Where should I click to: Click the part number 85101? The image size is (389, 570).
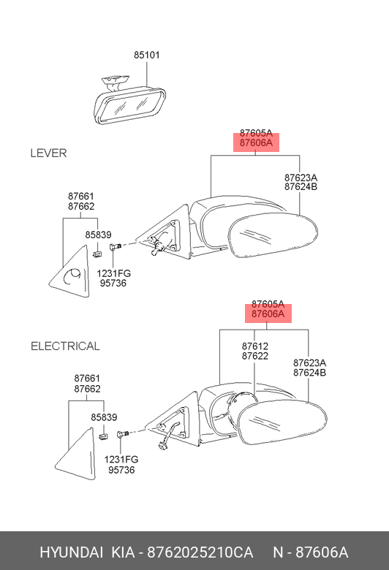147,55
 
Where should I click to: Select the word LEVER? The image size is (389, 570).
48,153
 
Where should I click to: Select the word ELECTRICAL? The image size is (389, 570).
65,346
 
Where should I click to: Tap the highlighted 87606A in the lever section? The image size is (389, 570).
256,142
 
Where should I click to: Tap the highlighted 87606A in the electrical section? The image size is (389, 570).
268,313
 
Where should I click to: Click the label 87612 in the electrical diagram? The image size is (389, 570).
254,346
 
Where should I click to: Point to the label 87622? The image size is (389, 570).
254,356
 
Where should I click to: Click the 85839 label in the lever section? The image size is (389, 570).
98,235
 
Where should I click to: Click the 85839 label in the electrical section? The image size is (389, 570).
104,417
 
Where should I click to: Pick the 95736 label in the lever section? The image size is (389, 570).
113,283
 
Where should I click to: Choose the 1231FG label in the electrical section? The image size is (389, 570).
121,460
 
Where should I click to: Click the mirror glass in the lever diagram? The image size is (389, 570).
273,235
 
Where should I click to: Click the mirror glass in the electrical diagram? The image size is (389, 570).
282,422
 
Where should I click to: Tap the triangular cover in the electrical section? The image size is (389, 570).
78,455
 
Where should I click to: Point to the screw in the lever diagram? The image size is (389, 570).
115,247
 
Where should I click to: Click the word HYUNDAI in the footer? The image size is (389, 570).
72,552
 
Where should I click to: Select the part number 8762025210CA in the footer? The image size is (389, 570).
200,552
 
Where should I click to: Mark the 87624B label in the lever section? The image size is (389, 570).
301,187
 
